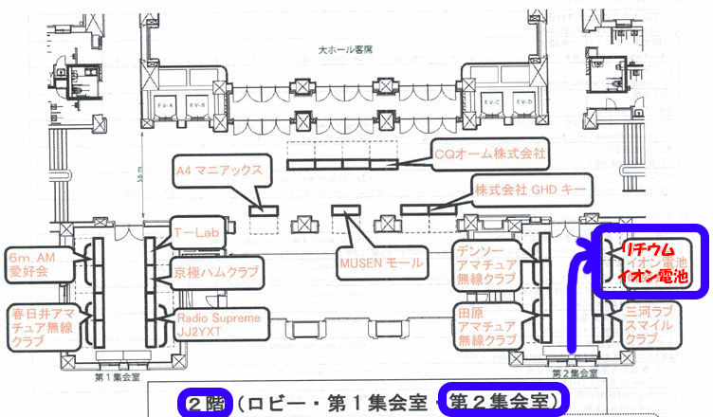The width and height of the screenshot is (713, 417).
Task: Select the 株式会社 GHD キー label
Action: pos(533,190)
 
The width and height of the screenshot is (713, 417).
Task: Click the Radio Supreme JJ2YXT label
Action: pos(218,323)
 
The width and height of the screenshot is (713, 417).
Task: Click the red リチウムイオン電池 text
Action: pos(648,263)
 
